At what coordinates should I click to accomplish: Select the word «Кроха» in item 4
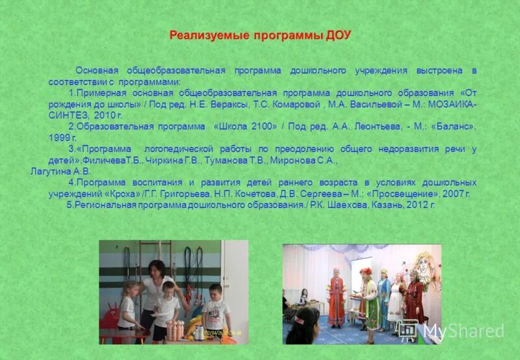120,194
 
